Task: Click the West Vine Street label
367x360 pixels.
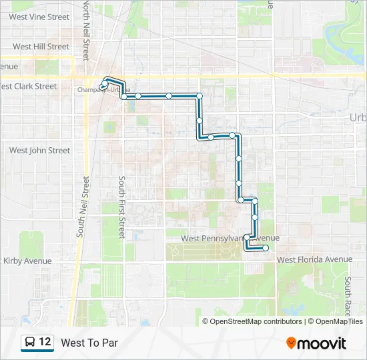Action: click(x=39, y=17)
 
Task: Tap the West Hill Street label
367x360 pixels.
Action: click(x=41, y=47)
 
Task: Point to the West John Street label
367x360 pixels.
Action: click(x=39, y=151)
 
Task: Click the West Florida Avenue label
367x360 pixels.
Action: click(x=314, y=259)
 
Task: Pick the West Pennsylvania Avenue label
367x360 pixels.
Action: click(x=230, y=238)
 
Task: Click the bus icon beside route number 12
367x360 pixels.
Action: click(x=30, y=343)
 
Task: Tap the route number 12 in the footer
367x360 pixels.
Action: click(x=45, y=343)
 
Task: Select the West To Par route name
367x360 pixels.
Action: click(x=89, y=343)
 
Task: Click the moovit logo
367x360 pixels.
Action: click(x=316, y=343)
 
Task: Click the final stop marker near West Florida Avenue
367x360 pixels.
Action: click(x=266, y=248)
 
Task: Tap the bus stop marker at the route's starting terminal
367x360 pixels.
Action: click(x=102, y=85)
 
